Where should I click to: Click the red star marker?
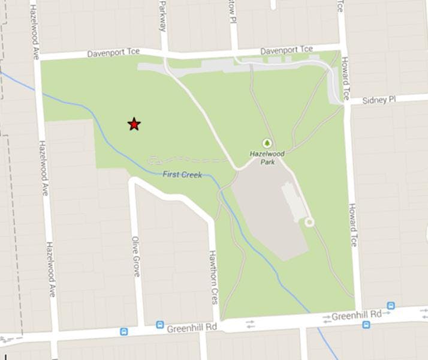pos(134,124)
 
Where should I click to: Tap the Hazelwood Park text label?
pos(267,158)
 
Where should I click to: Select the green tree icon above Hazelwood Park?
pos(267,143)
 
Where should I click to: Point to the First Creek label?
pos(182,174)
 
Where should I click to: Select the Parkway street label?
pos(162,18)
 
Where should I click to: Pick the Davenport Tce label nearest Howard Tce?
pos(287,50)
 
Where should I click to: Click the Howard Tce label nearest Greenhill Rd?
pos(352,224)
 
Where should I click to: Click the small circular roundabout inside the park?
pos(309,223)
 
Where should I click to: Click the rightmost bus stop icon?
pos(391,305)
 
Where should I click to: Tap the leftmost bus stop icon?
pos(123,331)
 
